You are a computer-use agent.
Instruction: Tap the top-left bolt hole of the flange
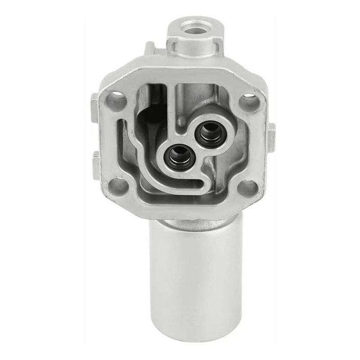pyautogui.click(x=117, y=97)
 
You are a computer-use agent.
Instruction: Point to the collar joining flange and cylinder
pyautogui.click(x=193, y=223)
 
